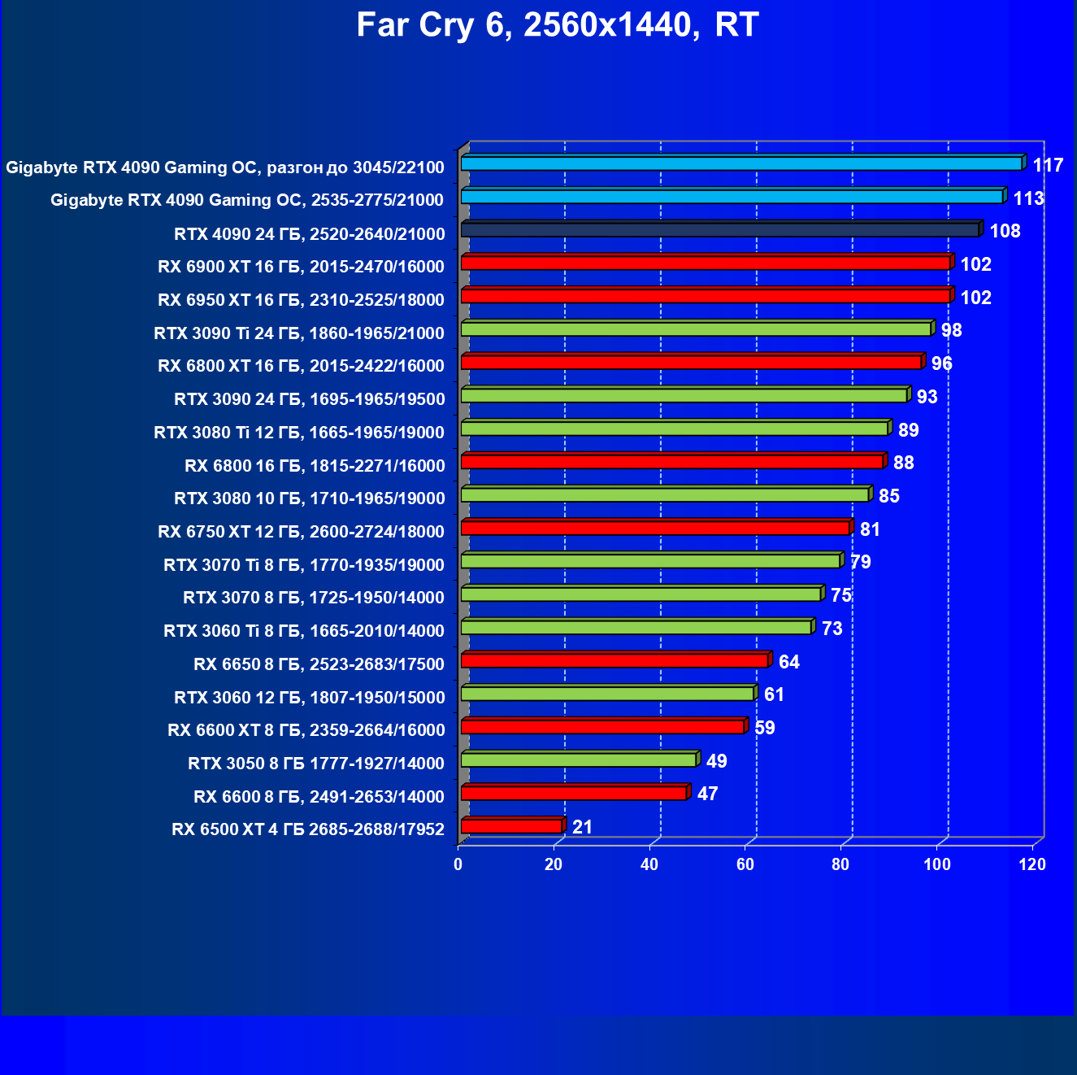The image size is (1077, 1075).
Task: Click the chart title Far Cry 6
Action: (x=557, y=25)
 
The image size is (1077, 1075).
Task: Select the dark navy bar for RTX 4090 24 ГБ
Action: (x=719, y=230)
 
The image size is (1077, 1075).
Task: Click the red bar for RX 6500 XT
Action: (x=511, y=826)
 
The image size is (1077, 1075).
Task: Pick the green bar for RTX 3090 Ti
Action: (x=696, y=329)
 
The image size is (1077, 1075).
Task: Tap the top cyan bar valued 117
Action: (x=740, y=163)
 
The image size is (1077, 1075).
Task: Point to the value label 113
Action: (x=1028, y=198)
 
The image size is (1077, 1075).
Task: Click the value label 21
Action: (x=582, y=827)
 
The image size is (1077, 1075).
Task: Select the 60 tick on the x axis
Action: (x=745, y=864)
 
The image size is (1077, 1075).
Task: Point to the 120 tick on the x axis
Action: (x=1032, y=864)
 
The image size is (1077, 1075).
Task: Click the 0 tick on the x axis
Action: (x=458, y=864)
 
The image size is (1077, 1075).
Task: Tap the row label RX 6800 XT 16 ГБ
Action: (x=301, y=366)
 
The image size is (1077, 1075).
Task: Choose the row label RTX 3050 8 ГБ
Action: (x=315, y=764)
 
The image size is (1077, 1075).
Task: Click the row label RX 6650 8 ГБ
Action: (x=319, y=664)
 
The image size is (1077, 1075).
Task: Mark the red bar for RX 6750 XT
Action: (x=655, y=529)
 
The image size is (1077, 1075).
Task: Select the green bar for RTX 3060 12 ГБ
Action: (x=607, y=694)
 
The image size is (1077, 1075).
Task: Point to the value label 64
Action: (x=788, y=662)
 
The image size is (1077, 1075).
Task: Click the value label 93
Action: (x=927, y=397)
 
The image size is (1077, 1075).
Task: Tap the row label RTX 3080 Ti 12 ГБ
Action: (x=299, y=433)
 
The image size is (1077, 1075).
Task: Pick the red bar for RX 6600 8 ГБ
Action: (x=574, y=793)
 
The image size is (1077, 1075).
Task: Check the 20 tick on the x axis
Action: (x=554, y=864)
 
